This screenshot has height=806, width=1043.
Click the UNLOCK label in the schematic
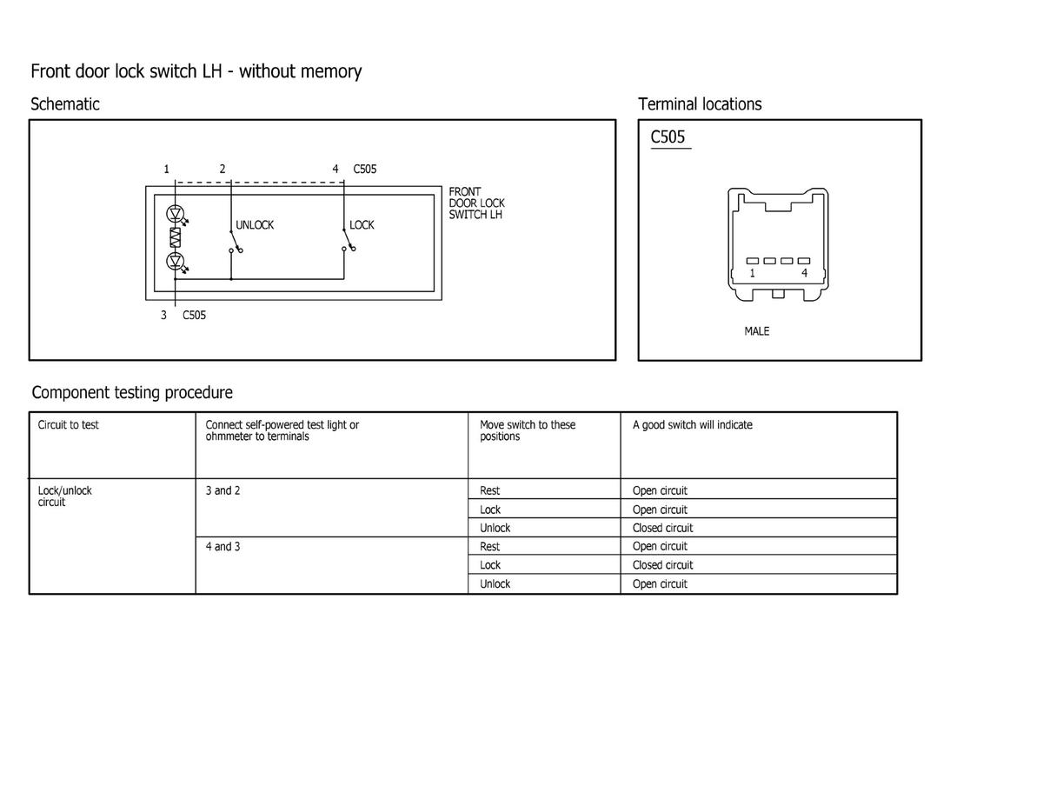pos(255,225)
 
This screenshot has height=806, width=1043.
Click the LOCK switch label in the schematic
pos(362,225)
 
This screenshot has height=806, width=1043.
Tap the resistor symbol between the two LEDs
pos(176,236)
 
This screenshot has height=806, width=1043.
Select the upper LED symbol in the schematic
pos(176,213)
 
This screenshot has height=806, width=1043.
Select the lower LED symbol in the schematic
pos(176,261)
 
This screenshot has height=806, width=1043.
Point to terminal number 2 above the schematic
pos(223,169)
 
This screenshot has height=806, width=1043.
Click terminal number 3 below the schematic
pos(163,315)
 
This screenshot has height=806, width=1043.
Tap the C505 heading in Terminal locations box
pos(668,137)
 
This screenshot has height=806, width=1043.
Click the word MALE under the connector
pos(756,331)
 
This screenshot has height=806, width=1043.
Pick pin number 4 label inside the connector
pos(804,273)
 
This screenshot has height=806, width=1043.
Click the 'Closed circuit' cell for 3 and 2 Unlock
pos(662,528)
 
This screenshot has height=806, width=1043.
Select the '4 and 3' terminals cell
pos(223,547)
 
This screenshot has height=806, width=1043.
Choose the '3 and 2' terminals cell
pos(223,490)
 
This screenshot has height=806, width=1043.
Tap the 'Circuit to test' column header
pos(69,425)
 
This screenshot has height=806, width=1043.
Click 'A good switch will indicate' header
pos(692,425)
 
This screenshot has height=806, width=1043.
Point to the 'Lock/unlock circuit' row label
pos(64,496)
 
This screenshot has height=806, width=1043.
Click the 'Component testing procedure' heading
pos(132,392)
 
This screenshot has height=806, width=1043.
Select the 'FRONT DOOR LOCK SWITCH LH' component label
pos(476,203)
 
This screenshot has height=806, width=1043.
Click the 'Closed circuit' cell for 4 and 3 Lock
pos(662,565)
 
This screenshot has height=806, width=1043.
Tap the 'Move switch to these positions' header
pos(527,430)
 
